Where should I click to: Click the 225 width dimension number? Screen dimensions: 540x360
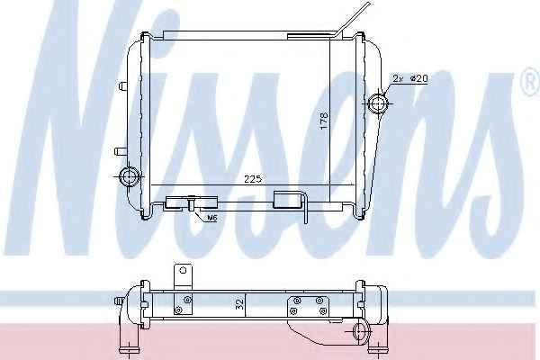coord(253,179)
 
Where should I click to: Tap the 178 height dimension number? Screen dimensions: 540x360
coord(324,121)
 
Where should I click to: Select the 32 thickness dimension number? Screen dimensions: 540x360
coord(239,303)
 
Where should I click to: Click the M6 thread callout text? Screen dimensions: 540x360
coord(212,218)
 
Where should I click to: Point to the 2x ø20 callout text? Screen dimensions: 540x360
coord(410,78)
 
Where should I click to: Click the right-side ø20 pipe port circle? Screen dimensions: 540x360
coord(378,103)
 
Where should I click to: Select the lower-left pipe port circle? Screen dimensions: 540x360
coord(129,176)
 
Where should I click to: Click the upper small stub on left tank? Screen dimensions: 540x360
coord(122,85)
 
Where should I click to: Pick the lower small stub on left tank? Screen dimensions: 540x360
coord(121,151)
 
